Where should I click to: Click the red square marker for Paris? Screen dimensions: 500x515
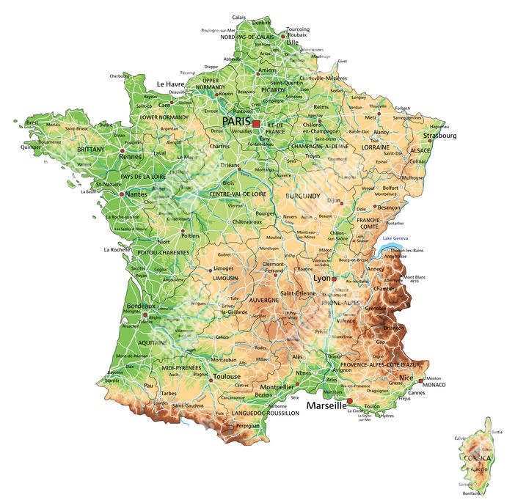(256, 124)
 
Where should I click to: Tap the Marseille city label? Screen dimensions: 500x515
(326, 405)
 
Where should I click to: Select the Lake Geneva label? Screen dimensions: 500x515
(395, 239)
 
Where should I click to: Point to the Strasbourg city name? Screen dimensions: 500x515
(439, 136)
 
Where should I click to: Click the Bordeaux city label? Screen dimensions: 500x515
(141, 306)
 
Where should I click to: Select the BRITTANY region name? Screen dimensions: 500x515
(91, 149)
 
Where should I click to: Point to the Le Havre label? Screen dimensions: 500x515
(170, 84)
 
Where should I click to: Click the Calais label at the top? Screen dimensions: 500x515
(239, 17)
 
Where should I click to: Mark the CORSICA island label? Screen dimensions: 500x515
(473, 457)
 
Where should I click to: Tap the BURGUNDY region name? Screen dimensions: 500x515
(302, 196)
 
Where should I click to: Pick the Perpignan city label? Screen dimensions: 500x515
(247, 425)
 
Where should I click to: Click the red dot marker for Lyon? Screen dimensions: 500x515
(334, 279)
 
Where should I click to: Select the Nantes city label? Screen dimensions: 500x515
(136, 194)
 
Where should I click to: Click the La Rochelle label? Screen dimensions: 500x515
(117, 249)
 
